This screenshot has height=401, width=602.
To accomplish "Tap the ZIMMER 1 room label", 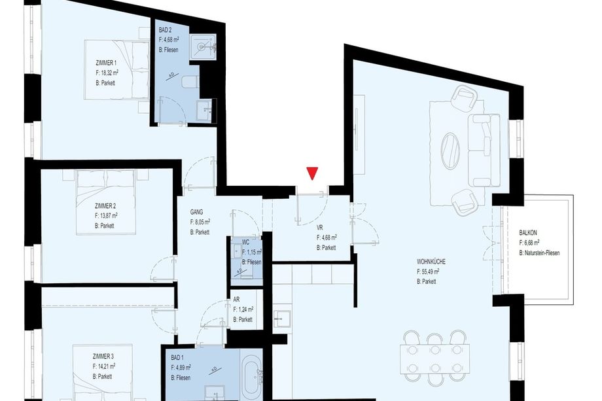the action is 107,63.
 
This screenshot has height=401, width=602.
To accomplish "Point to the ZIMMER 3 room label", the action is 103,357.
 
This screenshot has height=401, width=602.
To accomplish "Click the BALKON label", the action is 528,232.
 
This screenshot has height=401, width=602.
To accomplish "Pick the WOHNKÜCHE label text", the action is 431,262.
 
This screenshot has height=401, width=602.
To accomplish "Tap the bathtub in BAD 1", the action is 252,376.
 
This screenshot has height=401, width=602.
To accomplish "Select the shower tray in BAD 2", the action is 203,47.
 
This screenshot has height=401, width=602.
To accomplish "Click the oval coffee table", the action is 450,151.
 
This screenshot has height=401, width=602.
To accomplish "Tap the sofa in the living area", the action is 484,150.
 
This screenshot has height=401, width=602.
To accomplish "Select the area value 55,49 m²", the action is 428,271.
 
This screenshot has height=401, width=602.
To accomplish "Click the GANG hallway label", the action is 196,212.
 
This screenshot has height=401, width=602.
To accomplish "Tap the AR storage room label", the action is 236,300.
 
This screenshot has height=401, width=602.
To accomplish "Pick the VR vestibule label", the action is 320,228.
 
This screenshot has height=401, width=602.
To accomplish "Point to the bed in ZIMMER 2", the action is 105,203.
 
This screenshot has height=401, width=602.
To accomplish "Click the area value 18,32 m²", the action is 107,73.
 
